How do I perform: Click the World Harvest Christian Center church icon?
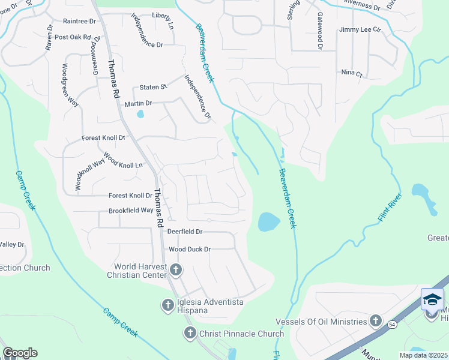(x=176, y=270)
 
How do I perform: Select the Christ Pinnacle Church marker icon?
(x=190, y=334)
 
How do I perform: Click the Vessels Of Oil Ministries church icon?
(x=376, y=322)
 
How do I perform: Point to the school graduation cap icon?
(x=432, y=299)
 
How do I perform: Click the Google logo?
(x=19, y=353)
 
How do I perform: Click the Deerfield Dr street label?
(x=185, y=231)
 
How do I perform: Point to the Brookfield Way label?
(x=131, y=211)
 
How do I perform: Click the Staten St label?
(x=152, y=88)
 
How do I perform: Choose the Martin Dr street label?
(x=139, y=104)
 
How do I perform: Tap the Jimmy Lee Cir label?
(x=360, y=29)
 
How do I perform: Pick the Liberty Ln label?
(x=162, y=15)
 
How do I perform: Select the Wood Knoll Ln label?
(x=124, y=161)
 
